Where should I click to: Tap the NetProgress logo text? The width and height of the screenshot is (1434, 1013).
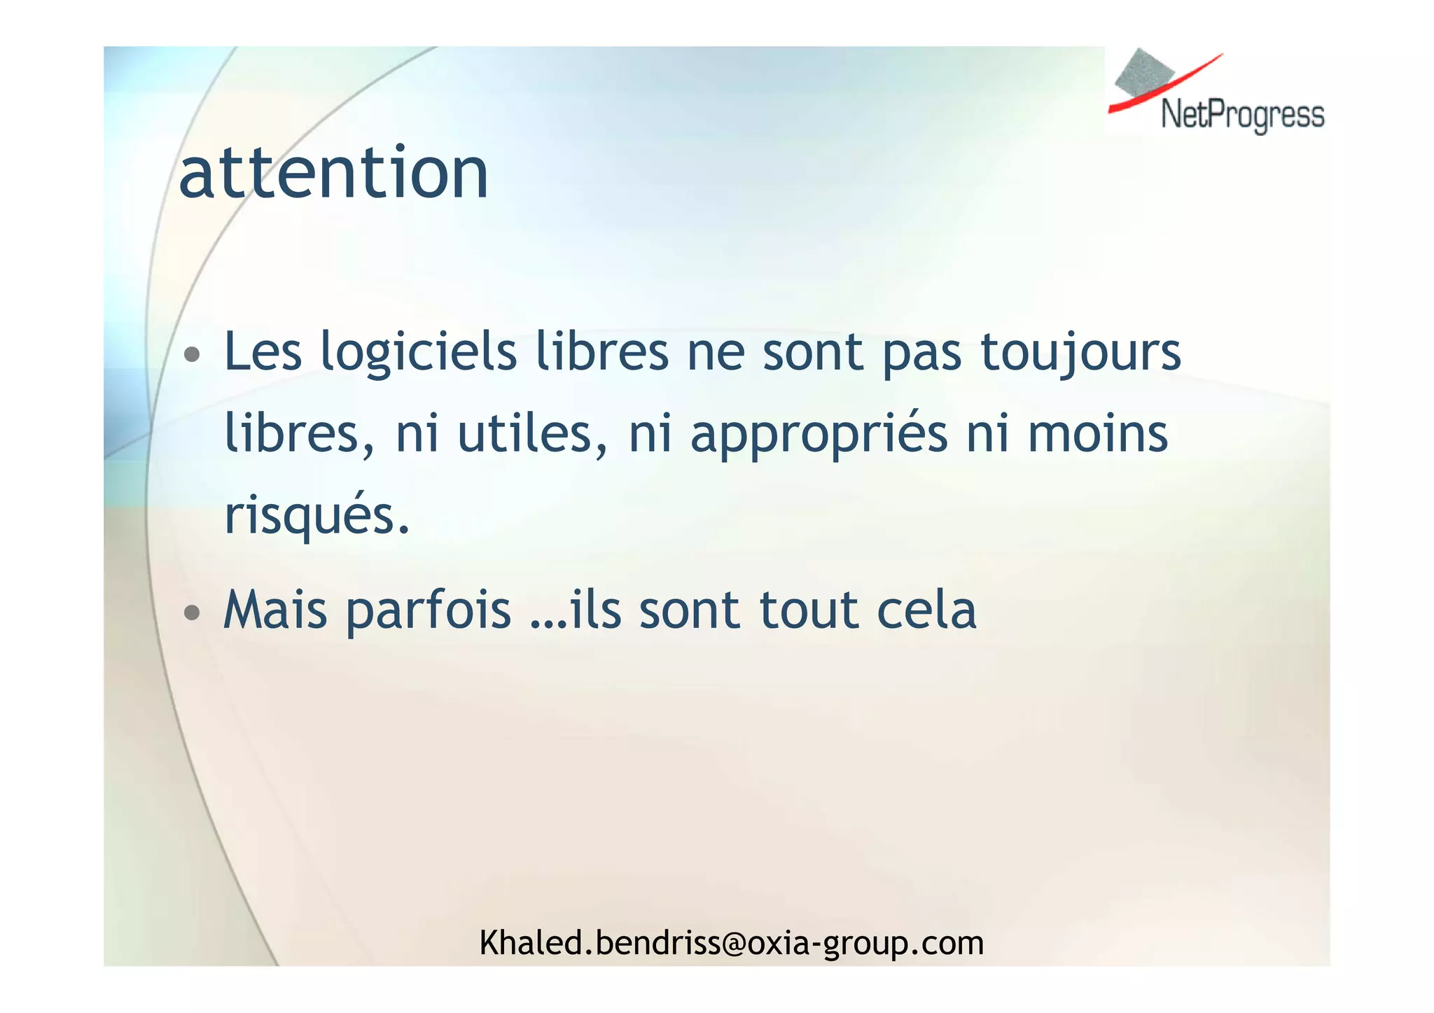click(1242, 115)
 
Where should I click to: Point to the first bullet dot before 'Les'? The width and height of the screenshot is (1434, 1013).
click(191, 354)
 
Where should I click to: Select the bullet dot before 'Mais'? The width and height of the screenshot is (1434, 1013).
click(191, 613)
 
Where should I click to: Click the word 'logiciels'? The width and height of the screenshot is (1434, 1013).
click(418, 352)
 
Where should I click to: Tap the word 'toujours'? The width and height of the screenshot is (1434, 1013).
click(1080, 352)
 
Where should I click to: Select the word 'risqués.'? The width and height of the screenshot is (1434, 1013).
click(316, 517)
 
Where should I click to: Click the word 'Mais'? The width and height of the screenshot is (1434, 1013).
click(275, 610)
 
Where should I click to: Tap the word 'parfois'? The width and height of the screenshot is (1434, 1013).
click(429, 610)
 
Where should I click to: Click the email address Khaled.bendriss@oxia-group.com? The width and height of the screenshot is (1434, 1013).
click(731, 943)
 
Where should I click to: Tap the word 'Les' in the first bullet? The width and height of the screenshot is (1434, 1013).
click(263, 352)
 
